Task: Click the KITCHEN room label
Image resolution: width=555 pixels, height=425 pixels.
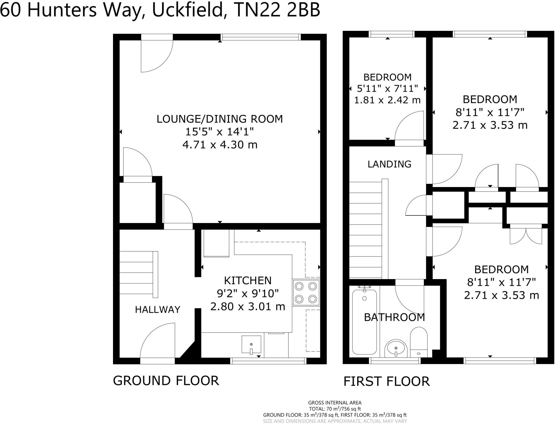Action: pyautogui.click(x=248, y=280)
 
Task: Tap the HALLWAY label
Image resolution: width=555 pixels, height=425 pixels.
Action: pyautogui.click(x=157, y=309)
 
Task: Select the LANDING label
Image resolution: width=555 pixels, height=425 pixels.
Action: pyautogui.click(x=389, y=164)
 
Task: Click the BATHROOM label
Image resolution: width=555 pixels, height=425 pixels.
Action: pyautogui.click(x=394, y=317)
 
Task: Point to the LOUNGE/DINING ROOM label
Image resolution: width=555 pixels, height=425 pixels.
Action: pyautogui.click(x=220, y=119)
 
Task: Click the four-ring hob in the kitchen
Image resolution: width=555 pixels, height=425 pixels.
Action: pyautogui.click(x=306, y=293)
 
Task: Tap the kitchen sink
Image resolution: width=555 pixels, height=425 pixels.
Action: pyautogui.click(x=251, y=345)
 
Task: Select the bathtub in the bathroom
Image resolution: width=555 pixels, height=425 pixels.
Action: pyautogui.click(x=364, y=322)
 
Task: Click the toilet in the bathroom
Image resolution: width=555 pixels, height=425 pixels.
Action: pyautogui.click(x=419, y=342)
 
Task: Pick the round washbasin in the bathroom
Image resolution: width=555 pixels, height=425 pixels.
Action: pyautogui.click(x=396, y=348)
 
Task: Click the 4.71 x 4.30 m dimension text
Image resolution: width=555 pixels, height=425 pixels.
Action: pyautogui.click(x=220, y=145)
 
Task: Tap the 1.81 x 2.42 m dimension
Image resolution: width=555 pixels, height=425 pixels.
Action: pyautogui.click(x=387, y=100)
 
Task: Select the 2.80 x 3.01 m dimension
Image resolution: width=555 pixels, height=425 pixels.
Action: pyautogui.click(x=248, y=306)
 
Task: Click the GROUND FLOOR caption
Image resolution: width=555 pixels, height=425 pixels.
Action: pyautogui.click(x=166, y=381)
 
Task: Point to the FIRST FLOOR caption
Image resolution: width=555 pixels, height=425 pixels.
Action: pyautogui.click(x=386, y=381)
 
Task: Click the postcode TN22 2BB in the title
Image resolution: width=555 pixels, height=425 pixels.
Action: pyautogui.click(x=277, y=10)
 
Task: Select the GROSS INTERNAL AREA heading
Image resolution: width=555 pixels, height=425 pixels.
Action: pyautogui.click(x=335, y=403)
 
